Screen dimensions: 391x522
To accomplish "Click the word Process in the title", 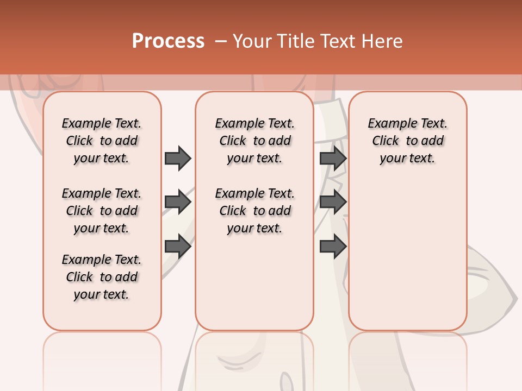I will pyautogui.click(x=168, y=41).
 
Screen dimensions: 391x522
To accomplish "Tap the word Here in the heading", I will pyautogui.click(x=383, y=41).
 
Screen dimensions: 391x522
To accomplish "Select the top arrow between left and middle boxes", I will pyautogui.click(x=178, y=158).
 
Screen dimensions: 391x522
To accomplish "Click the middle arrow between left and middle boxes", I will pyautogui.click(x=178, y=203).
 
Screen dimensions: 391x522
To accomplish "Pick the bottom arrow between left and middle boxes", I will pyautogui.click(x=178, y=247).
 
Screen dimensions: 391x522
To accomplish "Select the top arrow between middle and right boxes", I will pyautogui.click(x=333, y=158).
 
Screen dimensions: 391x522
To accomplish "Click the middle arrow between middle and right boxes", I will pyautogui.click(x=333, y=203).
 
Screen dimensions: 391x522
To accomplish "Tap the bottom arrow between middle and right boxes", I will pyautogui.click(x=333, y=247).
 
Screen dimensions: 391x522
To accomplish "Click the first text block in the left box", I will pyautogui.click(x=102, y=141).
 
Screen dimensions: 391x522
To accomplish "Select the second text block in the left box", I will pyautogui.click(x=102, y=211).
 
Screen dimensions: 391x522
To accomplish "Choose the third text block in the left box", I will pyautogui.click(x=102, y=277).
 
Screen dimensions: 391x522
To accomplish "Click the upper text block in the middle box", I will pyautogui.click(x=254, y=141).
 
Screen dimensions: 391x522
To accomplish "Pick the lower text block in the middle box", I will pyautogui.click(x=254, y=211).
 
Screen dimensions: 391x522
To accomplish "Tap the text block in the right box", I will pyautogui.click(x=408, y=141).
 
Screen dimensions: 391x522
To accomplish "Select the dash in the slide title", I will pyautogui.click(x=221, y=41).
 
